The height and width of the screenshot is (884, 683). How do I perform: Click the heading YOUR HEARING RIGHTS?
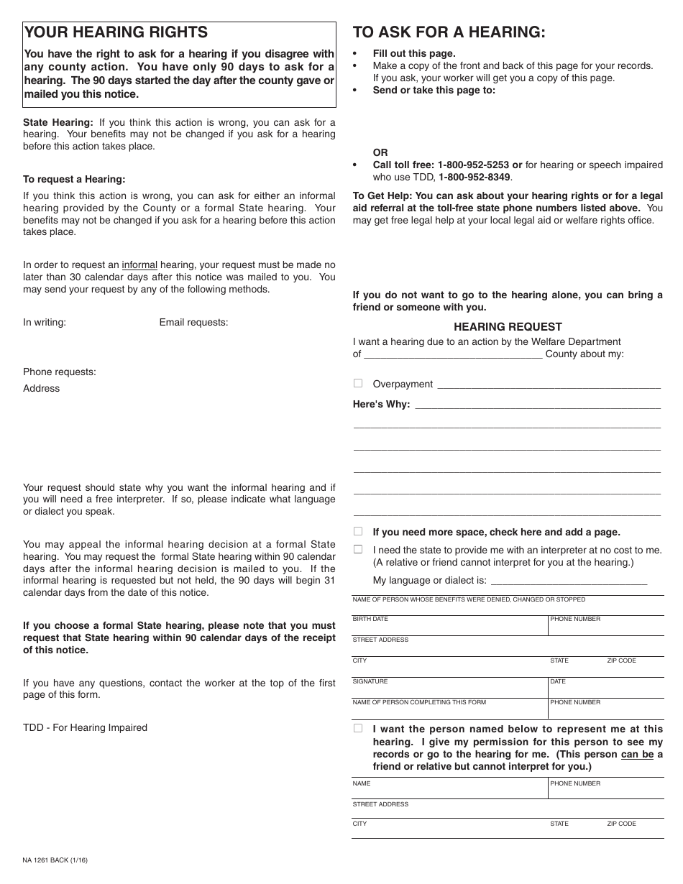116,32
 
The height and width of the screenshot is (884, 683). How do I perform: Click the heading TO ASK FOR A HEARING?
449,32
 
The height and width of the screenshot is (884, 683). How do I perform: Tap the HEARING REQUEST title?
508,326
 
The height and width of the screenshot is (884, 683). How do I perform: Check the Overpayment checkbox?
358,384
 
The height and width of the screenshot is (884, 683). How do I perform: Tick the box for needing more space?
358,532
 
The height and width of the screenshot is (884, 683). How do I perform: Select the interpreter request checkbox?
358,550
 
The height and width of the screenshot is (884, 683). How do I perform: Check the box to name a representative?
358,729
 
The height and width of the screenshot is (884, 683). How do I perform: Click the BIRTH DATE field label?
370,619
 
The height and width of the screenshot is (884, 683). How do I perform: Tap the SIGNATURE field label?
370,681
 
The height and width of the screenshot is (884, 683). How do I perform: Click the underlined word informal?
139,265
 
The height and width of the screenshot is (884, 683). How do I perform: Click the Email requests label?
193,323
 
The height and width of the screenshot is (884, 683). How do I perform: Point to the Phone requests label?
60,372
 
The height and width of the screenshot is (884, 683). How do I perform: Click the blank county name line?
452,354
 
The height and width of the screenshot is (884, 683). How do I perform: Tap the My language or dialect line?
568,581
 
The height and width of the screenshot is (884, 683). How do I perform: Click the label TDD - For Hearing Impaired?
85,728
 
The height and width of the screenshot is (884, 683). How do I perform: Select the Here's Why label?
381,405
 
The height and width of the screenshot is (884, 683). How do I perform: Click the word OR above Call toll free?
380,152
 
